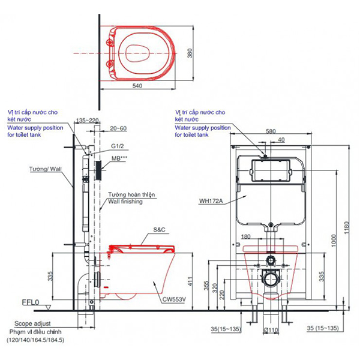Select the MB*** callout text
(119, 159)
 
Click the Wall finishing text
(125, 202)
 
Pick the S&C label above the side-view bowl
(159, 230)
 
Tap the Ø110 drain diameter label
(271, 330)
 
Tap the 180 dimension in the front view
(247, 237)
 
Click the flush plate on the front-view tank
(270, 169)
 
